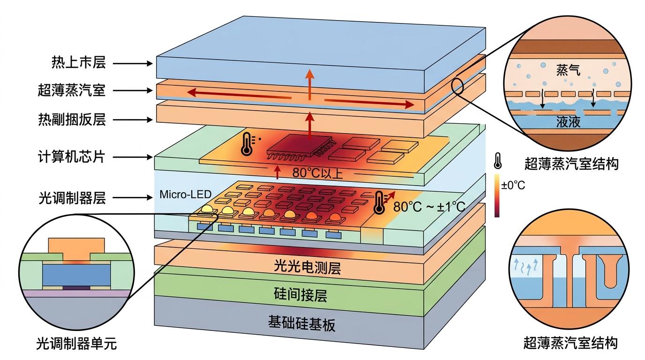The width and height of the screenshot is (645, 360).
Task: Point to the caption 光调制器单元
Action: pyautogui.click(x=76, y=345)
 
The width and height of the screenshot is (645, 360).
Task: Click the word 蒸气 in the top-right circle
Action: pyautogui.click(x=569, y=71)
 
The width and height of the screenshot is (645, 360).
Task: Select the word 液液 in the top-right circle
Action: pyautogui.click(x=569, y=122)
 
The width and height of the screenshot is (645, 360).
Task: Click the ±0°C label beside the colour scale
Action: pyautogui.click(x=513, y=185)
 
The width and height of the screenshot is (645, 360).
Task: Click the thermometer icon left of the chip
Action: pyautogui.click(x=247, y=143)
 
